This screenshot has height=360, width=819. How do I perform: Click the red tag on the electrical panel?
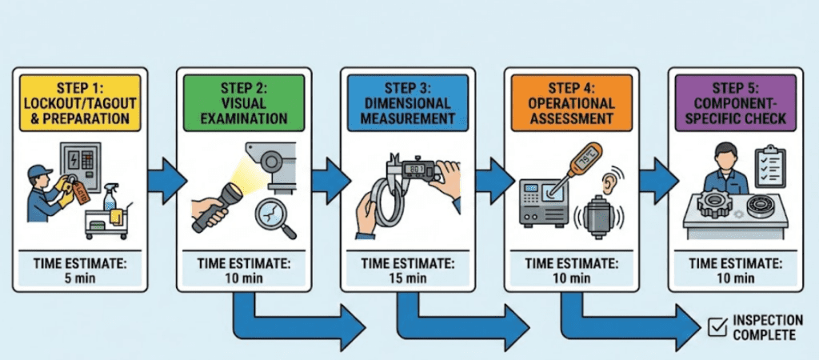(x=80, y=192)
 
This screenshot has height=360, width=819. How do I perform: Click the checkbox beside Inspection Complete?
(x=717, y=326)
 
